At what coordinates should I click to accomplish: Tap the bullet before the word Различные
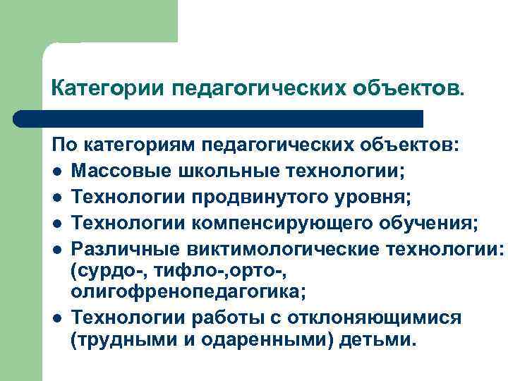[57, 250]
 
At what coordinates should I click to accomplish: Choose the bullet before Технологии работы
[57, 318]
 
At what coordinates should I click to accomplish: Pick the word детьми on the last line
[380, 339]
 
